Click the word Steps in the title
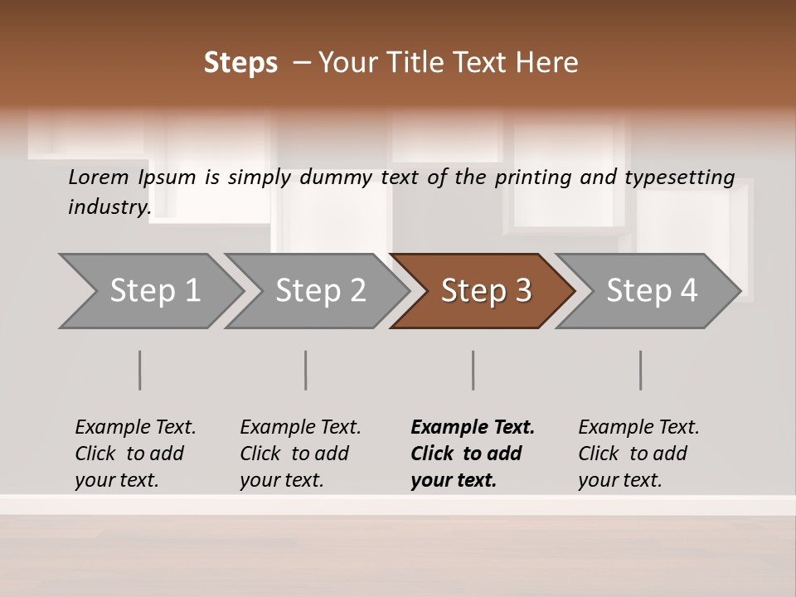pyautogui.click(x=240, y=63)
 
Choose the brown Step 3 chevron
pyautogui.click(x=486, y=291)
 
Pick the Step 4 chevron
pyautogui.click(x=652, y=291)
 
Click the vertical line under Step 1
pyautogui.click(x=140, y=370)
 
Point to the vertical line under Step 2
pyautogui.click(x=306, y=370)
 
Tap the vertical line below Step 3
pyautogui.click(x=473, y=370)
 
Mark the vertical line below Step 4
pyautogui.click(x=641, y=370)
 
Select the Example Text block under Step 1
pyautogui.click(x=135, y=454)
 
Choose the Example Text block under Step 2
pyautogui.click(x=300, y=454)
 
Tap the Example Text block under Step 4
pyautogui.click(x=638, y=454)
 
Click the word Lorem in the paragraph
pyautogui.click(x=98, y=177)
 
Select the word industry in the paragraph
pyautogui.click(x=108, y=207)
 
